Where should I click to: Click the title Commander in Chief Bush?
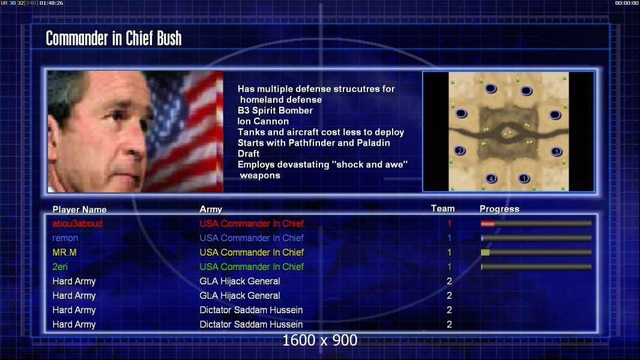point(113,38)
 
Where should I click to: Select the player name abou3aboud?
point(77,223)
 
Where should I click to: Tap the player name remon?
point(65,238)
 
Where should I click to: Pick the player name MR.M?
point(64,253)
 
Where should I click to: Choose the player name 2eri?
point(60,266)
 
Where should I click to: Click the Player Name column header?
point(80,209)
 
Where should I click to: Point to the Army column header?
point(211,209)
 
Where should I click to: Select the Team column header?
point(443,209)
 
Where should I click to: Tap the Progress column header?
point(500,209)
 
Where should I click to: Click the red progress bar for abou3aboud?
point(536,223)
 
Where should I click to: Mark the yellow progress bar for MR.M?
point(536,253)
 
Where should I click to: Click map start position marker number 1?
point(524,178)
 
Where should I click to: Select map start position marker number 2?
point(460,151)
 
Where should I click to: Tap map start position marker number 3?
point(557,152)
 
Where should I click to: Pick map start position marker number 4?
point(491,178)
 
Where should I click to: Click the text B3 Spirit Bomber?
point(275,110)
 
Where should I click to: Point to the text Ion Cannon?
point(263,121)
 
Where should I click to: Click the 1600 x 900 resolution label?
point(319,340)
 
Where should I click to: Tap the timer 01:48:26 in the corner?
point(52,3)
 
